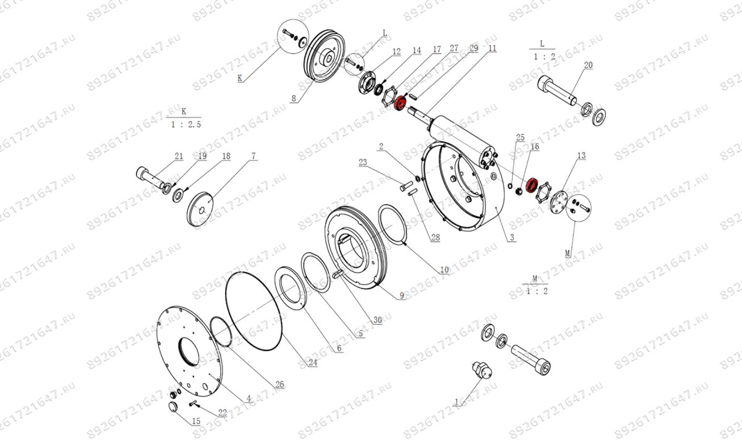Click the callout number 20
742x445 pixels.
point(588,65)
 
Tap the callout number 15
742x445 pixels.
point(196,422)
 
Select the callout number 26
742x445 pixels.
point(279,384)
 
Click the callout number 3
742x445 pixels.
point(511,237)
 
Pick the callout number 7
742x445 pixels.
point(253,156)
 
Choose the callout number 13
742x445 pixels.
point(581,156)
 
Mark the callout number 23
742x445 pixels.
point(362,163)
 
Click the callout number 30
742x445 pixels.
point(377,320)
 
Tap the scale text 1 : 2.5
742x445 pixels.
point(184,124)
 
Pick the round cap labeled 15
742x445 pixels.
point(173,407)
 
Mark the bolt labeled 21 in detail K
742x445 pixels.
point(151,177)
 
